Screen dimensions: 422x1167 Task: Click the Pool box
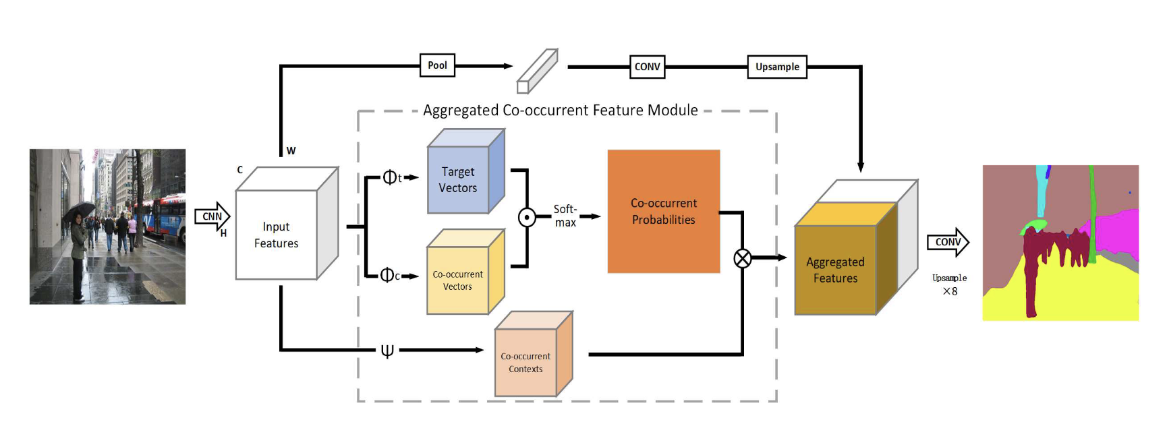(437, 65)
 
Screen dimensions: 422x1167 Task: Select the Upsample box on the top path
(777, 67)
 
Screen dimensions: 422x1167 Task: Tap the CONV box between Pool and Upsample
(647, 67)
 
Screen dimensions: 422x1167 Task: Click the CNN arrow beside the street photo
(212, 216)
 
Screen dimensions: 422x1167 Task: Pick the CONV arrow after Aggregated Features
(948, 242)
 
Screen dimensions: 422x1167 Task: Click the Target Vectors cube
(459, 179)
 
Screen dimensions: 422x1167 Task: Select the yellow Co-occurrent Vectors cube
(458, 280)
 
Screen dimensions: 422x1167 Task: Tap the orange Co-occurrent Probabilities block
(664, 211)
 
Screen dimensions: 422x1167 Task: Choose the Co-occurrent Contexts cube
(526, 362)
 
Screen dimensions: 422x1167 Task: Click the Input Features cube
(277, 235)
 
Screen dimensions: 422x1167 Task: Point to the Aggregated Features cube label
(835, 270)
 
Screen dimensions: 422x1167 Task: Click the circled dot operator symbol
(527, 218)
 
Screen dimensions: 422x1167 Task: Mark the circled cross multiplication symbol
(742, 258)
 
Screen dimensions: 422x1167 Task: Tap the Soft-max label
(565, 216)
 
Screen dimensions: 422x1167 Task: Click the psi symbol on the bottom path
(387, 351)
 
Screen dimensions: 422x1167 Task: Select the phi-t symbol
(391, 177)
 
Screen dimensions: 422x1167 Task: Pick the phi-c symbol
(389, 275)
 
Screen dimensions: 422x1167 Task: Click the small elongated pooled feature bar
(537, 71)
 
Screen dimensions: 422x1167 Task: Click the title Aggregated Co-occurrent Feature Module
(560, 111)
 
